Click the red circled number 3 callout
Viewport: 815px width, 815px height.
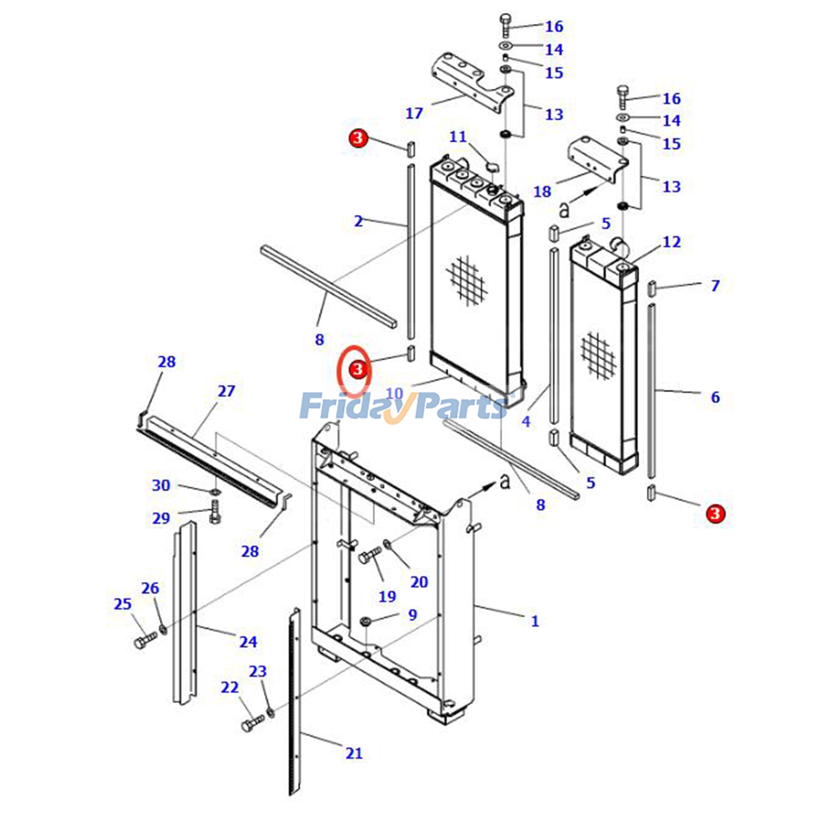tap(358, 368)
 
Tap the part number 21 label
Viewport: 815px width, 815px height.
tap(354, 753)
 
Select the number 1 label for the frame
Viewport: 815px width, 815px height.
tap(534, 621)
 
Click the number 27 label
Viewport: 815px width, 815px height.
tap(226, 391)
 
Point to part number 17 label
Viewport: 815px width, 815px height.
tap(414, 113)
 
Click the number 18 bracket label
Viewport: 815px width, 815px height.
tap(542, 192)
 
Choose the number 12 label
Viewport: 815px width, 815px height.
tap(671, 242)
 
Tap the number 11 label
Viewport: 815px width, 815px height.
tap(458, 137)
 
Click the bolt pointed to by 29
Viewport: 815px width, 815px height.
tap(214, 511)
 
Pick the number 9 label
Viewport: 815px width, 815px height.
tap(412, 615)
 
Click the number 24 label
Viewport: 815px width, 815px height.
tap(248, 642)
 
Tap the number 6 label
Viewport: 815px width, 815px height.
tap(715, 397)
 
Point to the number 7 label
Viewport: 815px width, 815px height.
tap(715, 285)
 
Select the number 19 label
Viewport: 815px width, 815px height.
tap(387, 596)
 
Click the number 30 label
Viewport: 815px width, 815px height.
tap(161, 485)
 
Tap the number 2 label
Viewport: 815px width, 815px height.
tap(358, 221)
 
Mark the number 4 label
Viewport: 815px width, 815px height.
tap(526, 421)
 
